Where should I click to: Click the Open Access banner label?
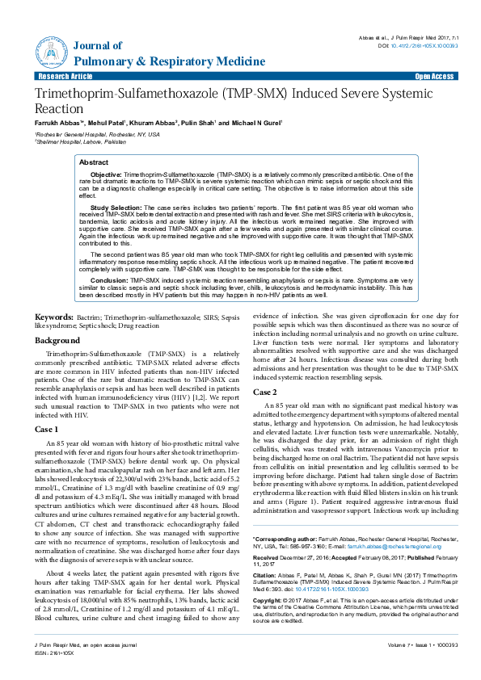[434, 76]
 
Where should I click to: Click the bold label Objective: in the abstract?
[105, 174]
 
